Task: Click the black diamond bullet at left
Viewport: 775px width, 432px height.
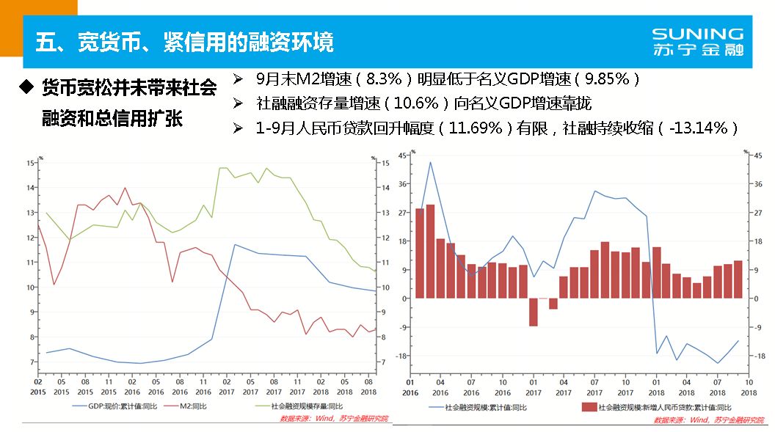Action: (x=26, y=87)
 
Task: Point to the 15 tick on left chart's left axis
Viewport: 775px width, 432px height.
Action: (x=30, y=163)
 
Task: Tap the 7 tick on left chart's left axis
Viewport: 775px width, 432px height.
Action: (x=32, y=362)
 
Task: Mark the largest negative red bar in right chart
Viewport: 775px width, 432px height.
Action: (x=534, y=312)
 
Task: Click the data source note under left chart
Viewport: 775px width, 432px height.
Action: (x=334, y=420)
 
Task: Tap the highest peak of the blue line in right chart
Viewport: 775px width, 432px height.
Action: (x=430, y=162)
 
